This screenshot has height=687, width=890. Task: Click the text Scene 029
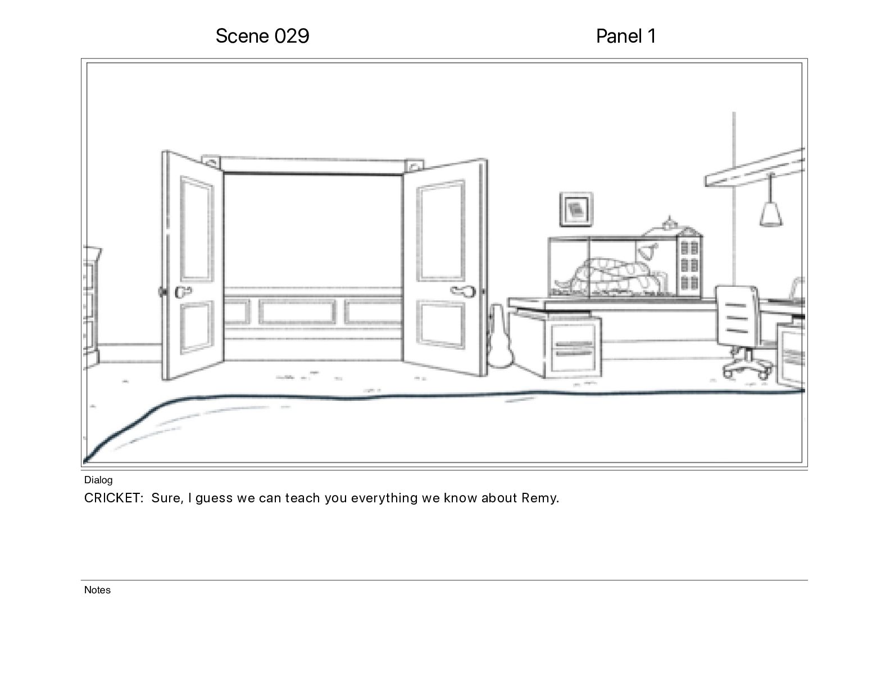tap(262, 36)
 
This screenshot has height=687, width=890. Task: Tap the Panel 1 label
tap(625, 36)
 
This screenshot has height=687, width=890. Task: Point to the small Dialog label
tap(98, 480)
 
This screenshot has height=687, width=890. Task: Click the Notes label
tap(97, 590)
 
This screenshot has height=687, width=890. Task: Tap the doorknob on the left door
tap(183, 292)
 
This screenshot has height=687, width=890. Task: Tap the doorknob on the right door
tap(461, 291)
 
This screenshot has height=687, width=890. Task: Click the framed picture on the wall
tap(576, 209)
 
